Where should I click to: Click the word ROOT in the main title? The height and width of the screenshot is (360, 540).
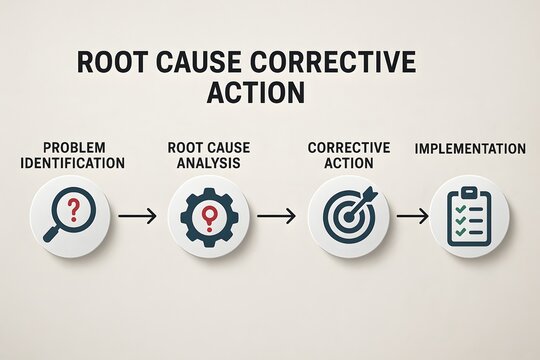coord(111,62)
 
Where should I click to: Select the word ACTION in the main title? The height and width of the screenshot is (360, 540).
coord(255,93)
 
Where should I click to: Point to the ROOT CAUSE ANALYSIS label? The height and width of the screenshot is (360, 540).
coord(209,155)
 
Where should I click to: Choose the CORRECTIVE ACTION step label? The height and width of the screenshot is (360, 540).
coord(349,155)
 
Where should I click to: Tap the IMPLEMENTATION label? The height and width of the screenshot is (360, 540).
coord(470,149)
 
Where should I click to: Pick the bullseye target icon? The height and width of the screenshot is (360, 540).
coord(347,215)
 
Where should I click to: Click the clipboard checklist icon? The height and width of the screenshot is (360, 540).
coord(469,216)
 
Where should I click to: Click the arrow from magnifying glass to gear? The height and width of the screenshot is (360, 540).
coord(137,216)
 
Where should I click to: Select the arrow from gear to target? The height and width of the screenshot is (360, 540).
coord(277,216)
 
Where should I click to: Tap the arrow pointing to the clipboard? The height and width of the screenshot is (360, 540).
coord(411,216)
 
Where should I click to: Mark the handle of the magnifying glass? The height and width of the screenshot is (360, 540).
coord(52,234)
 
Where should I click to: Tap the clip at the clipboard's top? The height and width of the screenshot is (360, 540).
coord(469,192)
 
